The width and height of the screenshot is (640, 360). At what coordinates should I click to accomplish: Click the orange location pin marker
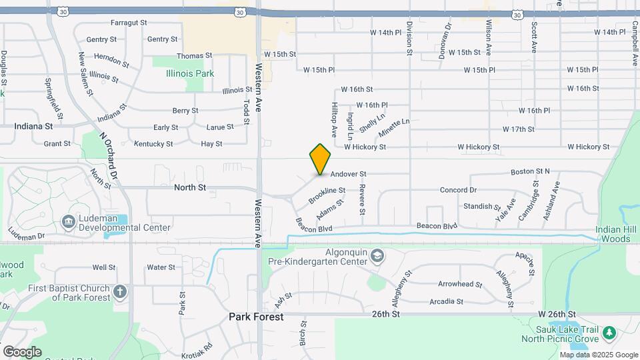coord(321,159)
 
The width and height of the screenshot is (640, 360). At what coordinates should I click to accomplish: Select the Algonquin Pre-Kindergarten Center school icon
coord(377,257)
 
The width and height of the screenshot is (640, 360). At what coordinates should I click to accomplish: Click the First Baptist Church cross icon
coord(119,291)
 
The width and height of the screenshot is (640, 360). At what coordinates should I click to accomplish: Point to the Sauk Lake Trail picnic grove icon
coord(607,333)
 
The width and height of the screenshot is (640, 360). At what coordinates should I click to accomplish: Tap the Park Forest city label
coord(256,317)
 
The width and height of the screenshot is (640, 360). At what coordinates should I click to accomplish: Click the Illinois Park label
coord(190,73)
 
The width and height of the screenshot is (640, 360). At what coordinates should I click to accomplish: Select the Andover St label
coord(348,173)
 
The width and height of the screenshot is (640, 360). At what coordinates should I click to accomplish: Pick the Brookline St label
coord(326,195)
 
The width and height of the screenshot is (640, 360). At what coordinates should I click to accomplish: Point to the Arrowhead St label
coord(459,284)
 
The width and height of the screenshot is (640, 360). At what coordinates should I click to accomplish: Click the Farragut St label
coord(129,23)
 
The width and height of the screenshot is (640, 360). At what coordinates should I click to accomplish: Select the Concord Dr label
coord(458,190)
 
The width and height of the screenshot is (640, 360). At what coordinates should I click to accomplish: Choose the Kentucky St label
coord(153,143)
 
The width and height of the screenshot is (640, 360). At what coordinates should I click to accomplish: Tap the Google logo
coord(22,351)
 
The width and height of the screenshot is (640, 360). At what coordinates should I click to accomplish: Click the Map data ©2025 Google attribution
coord(599,355)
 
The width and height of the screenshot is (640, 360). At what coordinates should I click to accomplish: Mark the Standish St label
coord(477,207)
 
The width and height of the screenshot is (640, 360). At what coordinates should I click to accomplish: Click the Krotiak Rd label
coord(199,347)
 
